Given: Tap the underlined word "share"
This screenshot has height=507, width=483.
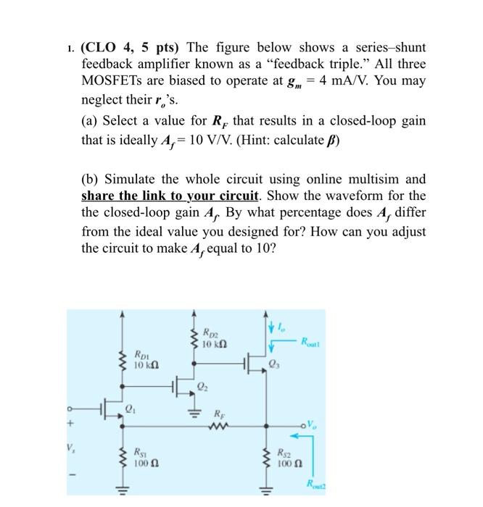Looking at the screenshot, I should point(97,196).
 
